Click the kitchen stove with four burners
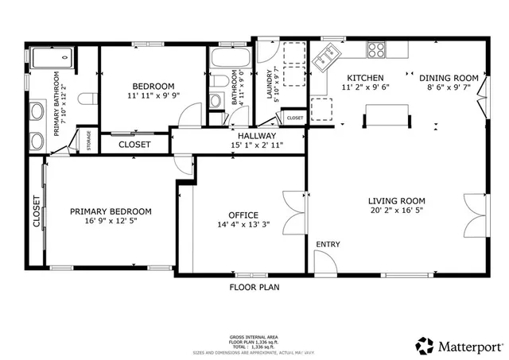(x=376, y=49)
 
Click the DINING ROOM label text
(x=449, y=78)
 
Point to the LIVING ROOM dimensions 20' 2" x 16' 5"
(x=396, y=212)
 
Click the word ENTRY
(x=328, y=244)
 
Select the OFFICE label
(x=243, y=215)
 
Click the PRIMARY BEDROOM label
(x=111, y=211)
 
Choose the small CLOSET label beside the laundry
(x=294, y=118)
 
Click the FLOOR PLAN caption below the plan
(x=254, y=287)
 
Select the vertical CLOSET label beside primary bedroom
(x=37, y=212)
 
